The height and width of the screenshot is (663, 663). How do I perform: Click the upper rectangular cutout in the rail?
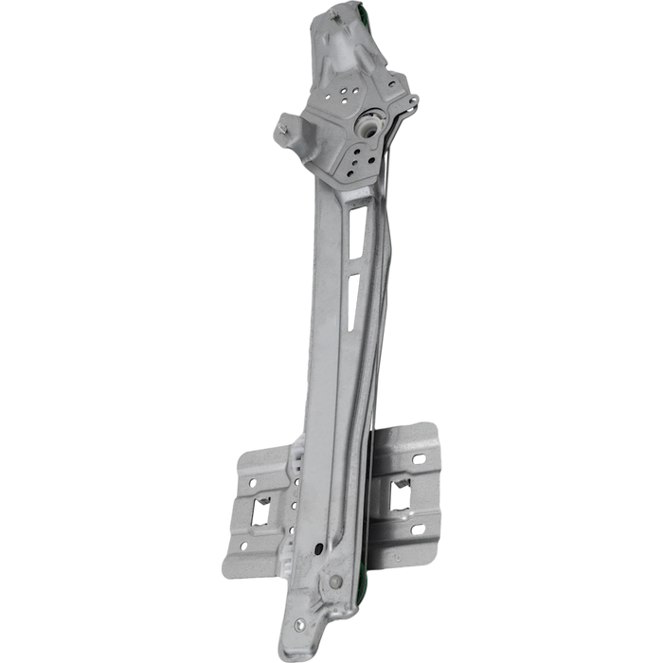click(354, 228)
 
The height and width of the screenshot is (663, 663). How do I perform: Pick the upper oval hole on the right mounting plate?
click(418, 459)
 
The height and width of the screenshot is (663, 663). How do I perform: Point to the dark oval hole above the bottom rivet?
click(333, 559)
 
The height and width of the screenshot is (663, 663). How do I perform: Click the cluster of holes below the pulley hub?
click(359, 156)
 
